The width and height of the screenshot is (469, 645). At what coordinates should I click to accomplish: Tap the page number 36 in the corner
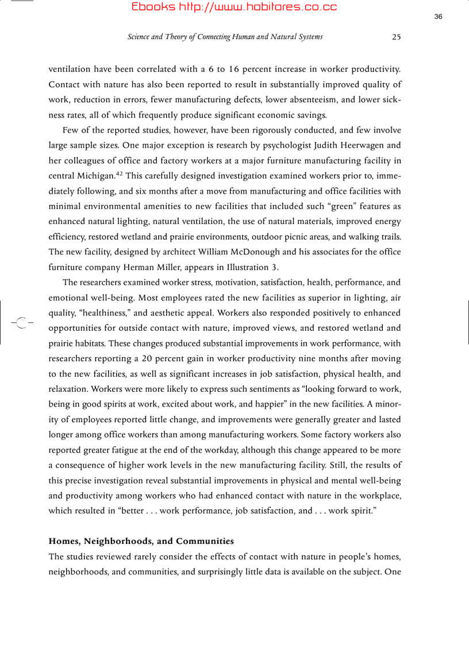point(438,17)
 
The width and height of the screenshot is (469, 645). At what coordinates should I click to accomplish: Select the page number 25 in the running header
point(396,37)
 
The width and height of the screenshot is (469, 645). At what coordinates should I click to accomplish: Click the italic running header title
point(225,37)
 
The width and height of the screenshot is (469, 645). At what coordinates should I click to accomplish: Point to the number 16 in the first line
point(233,69)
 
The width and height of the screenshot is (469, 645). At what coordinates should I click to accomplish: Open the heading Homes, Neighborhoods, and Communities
point(141,541)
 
